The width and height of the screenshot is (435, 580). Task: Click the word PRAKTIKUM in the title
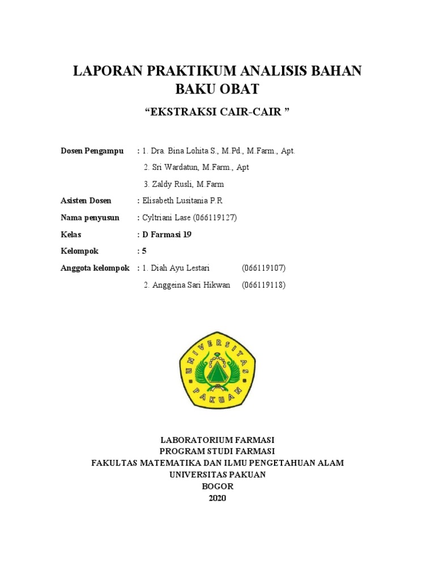(x=191, y=71)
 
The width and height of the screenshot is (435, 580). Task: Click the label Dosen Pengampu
(x=92, y=151)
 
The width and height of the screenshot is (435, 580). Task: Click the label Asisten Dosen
(x=86, y=201)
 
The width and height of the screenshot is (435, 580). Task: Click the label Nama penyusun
(x=90, y=217)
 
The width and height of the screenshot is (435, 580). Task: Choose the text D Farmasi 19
(x=167, y=234)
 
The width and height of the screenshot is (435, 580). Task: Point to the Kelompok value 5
(x=144, y=251)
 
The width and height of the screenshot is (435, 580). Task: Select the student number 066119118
(x=263, y=285)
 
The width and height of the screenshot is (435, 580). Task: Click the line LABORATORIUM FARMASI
(x=217, y=440)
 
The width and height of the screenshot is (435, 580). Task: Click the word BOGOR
(x=217, y=487)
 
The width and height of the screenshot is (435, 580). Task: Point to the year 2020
(x=217, y=498)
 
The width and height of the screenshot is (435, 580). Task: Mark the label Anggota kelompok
(x=95, y=268)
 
